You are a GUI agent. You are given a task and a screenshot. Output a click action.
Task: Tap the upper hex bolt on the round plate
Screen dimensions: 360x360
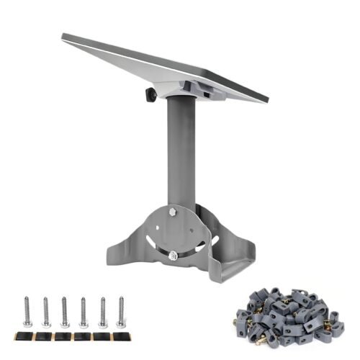[172, 212]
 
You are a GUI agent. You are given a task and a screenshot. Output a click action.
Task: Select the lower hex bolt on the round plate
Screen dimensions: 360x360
[174, 255]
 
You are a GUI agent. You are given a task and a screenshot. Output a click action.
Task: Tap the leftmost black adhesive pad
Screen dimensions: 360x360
[27, 336]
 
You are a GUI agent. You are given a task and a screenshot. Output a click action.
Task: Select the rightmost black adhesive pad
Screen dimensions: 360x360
[120, 336]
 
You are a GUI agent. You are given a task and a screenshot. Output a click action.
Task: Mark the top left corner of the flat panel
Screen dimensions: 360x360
[63, 35]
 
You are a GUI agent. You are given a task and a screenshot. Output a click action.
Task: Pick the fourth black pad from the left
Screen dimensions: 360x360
[83, 336]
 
